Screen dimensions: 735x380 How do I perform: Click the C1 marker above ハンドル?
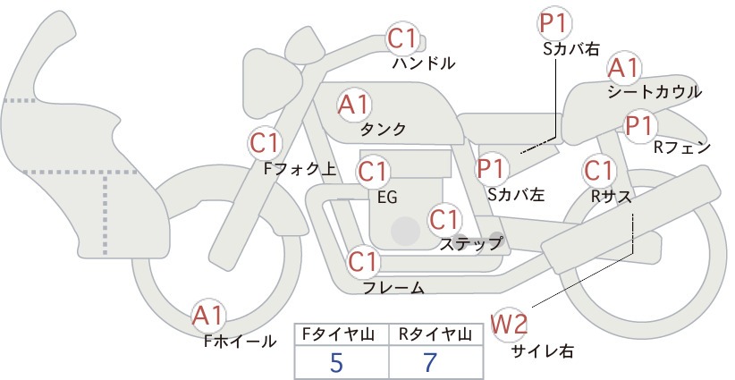[x=401, y=38]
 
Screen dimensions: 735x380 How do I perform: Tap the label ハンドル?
[x=423, y=63]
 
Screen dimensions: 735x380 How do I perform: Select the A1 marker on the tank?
[x=354, y=105]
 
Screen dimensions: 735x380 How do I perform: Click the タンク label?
[x=383, y=129]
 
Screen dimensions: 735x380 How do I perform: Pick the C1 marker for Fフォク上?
[x=265, y=143]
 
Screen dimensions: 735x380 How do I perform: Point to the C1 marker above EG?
[x=373, y=172]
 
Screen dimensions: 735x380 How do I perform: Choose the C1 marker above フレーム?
[x=363, y=261]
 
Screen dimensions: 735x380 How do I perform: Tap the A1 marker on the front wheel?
[x=208, y=316]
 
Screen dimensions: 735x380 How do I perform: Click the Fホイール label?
[x=240, y=342]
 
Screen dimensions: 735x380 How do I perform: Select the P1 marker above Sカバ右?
[x=554, y=24]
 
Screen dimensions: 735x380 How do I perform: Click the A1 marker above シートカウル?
[x=624, y=69]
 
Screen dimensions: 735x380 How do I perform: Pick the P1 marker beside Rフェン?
[x=640, y=125]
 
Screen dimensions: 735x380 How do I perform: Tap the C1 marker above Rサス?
[x=599, y=171]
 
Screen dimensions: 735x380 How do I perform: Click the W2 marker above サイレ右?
[x=509, y=324]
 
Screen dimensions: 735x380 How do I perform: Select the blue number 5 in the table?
[x=336, y=362]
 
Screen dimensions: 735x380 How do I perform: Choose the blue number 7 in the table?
[x=430, y=362]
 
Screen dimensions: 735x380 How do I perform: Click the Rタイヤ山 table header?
[x=435, y=334]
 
